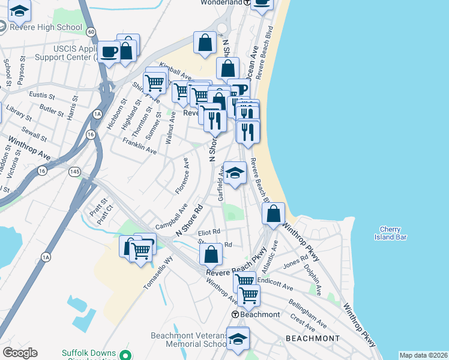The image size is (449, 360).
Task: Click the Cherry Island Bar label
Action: (x=393, y=233)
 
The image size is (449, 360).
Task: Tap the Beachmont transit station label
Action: (x=257, y=314)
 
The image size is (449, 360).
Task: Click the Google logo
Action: (x=20, y=353)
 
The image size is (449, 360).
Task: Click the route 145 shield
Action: (x=74, y=172)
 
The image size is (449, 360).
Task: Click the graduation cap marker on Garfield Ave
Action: (x=235, y=172)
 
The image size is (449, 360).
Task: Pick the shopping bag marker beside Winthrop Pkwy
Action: (x=274, y=214)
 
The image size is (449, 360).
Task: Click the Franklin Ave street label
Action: (x=139, y=146)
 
